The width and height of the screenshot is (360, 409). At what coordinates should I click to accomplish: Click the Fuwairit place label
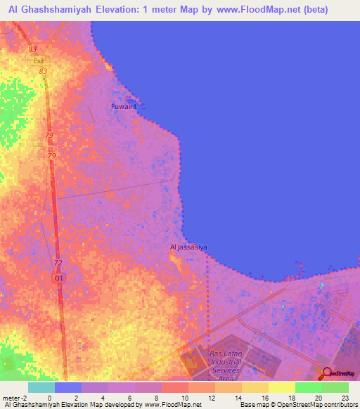point(123,107)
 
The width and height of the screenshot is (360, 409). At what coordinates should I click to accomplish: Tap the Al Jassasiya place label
point(188,247)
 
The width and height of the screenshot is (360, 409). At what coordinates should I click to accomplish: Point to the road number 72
point(58,263)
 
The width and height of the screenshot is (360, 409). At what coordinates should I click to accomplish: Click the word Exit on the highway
point(39,61)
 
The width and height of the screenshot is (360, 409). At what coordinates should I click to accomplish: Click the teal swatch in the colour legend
point(41,387)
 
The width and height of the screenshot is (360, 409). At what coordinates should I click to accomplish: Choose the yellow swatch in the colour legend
point(281,387)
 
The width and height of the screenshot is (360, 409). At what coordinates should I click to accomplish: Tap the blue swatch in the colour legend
point(68,387)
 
